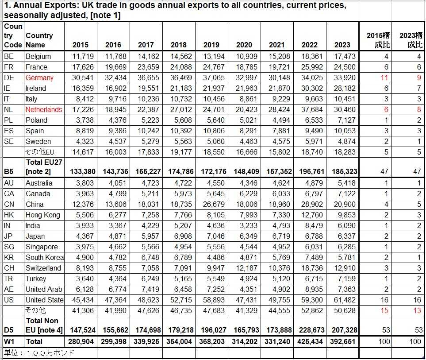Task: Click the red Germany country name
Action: click(39, 77)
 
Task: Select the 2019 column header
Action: click(211, 45)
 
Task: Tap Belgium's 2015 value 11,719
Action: click(80, 56)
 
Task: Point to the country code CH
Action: click(9, 268)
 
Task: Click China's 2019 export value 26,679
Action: click(211, 204)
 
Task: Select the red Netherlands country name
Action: click(44, 109)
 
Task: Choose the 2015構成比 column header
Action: click(378, 40)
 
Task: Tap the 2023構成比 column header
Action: click(410, 40)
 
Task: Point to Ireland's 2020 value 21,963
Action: click(244, 88)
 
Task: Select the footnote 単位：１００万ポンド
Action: click(39, 352)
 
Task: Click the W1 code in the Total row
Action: click(10, 341)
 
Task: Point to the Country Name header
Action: click(39, 40)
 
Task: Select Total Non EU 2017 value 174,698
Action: click(146, 330)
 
